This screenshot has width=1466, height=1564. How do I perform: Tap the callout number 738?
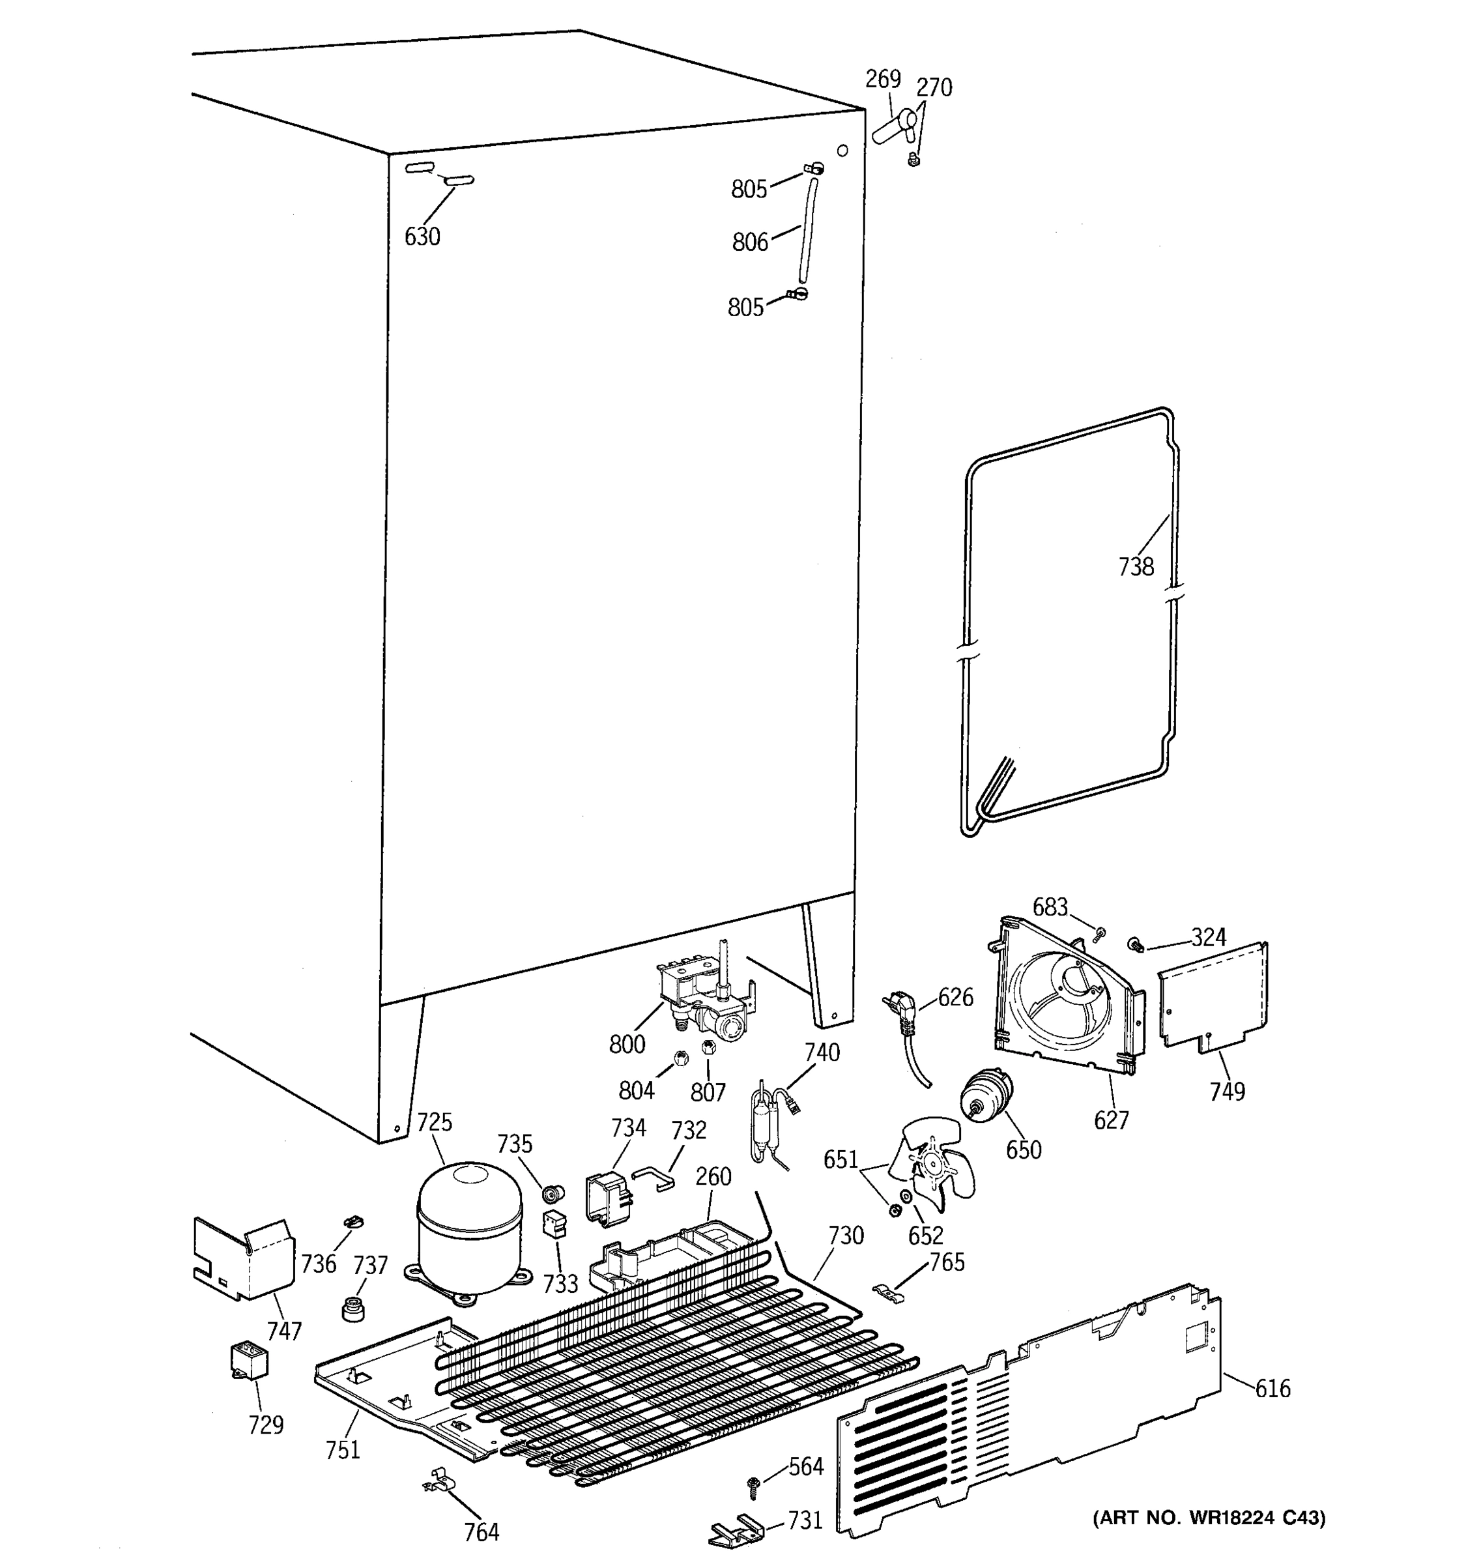[1136, 566]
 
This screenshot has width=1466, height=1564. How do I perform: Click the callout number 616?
[1272, 1389]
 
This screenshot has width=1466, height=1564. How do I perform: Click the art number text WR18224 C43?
[1209, 1518]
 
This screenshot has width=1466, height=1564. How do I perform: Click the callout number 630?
[422, 236]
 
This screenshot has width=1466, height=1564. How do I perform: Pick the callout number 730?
[846, 1235]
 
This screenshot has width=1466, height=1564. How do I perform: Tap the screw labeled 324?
[1135, 943]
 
